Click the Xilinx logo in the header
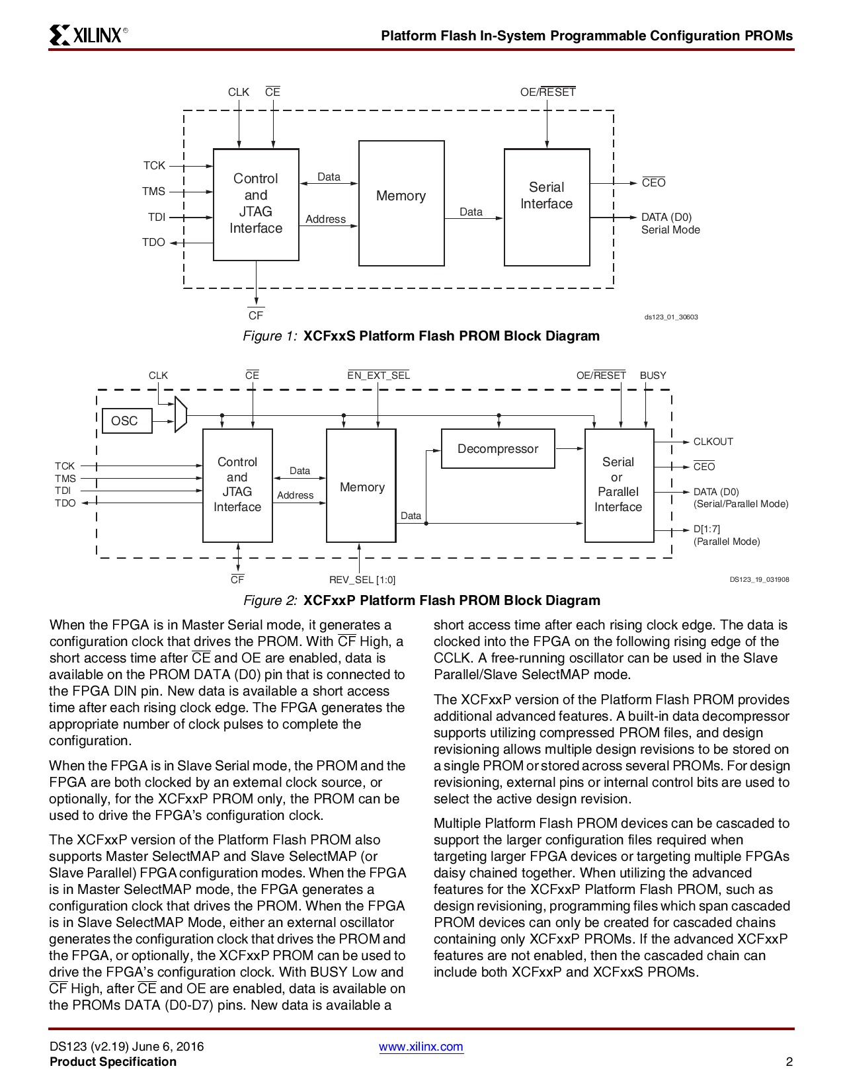point(88,34)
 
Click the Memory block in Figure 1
point(401,203)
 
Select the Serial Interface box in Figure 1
point(547,207)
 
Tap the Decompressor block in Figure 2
point(498,449)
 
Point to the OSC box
point(124,421)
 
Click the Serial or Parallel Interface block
point(619,485)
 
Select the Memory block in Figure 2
point(361,485)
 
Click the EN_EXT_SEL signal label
point(378,376)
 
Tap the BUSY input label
point(653,376)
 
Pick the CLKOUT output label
point(713,442)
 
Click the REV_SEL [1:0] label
point(362,580)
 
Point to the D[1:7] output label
point(706,529)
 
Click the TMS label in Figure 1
point(153,191)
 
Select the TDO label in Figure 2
point(65,503)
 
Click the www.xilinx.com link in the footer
point(421,1047)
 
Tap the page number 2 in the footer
point(789,1062)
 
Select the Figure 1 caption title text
point(451,336)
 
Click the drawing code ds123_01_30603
point(671,317)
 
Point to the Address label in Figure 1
point(325,219)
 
